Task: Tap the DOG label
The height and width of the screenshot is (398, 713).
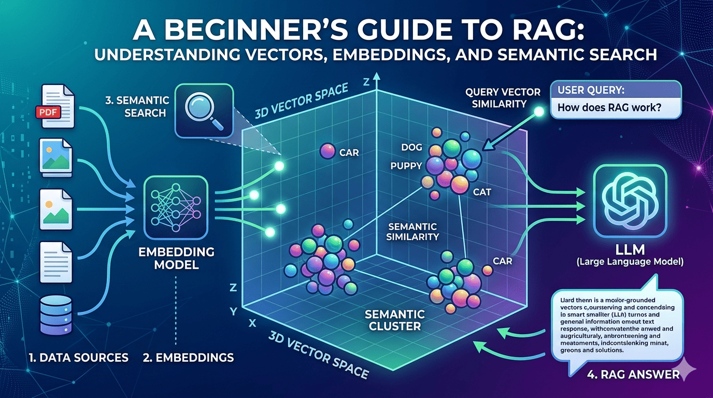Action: tap(412, 148)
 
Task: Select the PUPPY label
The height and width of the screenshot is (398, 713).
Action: tap(407, 166)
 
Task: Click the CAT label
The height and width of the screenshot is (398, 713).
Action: tap(482, 192)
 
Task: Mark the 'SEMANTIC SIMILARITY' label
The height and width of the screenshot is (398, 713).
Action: tap(413, 232)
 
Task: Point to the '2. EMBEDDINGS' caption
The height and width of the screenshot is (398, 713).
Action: tap(188, 357)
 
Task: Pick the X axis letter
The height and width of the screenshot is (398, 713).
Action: tap(252, 322)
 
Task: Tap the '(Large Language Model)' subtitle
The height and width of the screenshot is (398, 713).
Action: tap(630, 262)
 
